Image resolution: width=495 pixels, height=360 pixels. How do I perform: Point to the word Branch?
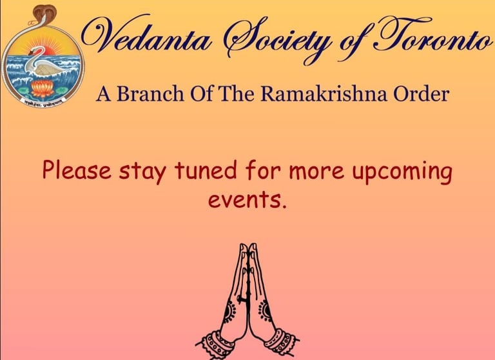pyautogui.click(x=150, y=94)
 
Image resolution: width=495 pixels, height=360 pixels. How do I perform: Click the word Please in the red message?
pyautogui.click(x=77, y=170)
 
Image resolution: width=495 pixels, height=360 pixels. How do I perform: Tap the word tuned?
pyautogui.click(x=206, y=170)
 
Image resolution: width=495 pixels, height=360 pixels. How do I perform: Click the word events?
pyautogui.click(x=247, y=201)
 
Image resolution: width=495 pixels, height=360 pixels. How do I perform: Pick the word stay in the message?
pyautogui.click(x=142, y=172)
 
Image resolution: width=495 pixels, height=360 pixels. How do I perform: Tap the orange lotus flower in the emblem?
pyautogui.click(x=43, y=89)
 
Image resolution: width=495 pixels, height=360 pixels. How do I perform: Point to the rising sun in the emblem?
pyautogui.click(x=47, y=50)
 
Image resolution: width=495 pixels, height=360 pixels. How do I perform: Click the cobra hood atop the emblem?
pyautogui.click(x=44, y=13)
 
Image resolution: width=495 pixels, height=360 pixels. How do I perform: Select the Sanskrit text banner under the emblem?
pyautogui.click(x=43, y=102)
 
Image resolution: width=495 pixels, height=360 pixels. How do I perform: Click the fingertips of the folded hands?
pyautogui.click(x=247, y=246)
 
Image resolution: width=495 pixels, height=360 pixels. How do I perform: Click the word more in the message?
pyautogui.click(x=316, y=172)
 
